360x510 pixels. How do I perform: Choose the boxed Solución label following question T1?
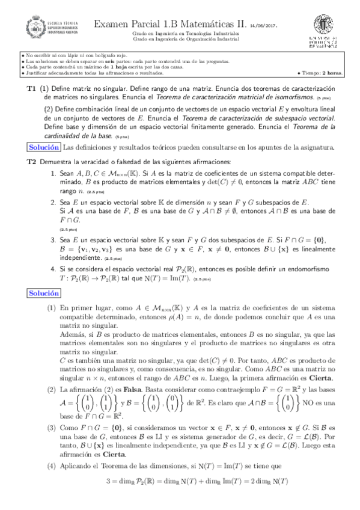pyautogui.click(x=44, y=147)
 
